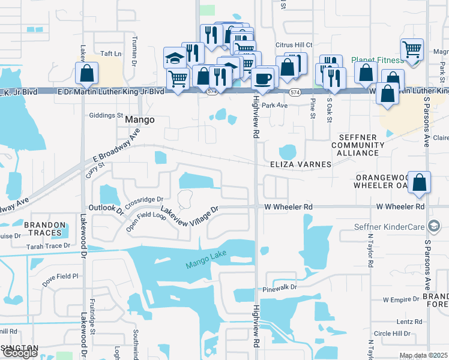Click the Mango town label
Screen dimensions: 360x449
139,119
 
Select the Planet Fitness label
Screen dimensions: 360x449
372,60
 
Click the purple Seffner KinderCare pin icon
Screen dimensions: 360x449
434,226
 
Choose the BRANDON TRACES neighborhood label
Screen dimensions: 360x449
44,229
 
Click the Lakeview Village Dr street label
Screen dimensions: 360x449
188,212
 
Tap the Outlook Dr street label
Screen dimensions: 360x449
106,209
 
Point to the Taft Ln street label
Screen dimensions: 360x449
110,53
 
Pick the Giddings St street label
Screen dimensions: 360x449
106,115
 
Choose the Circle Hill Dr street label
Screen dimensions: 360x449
391,334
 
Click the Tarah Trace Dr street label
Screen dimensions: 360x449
48,246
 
